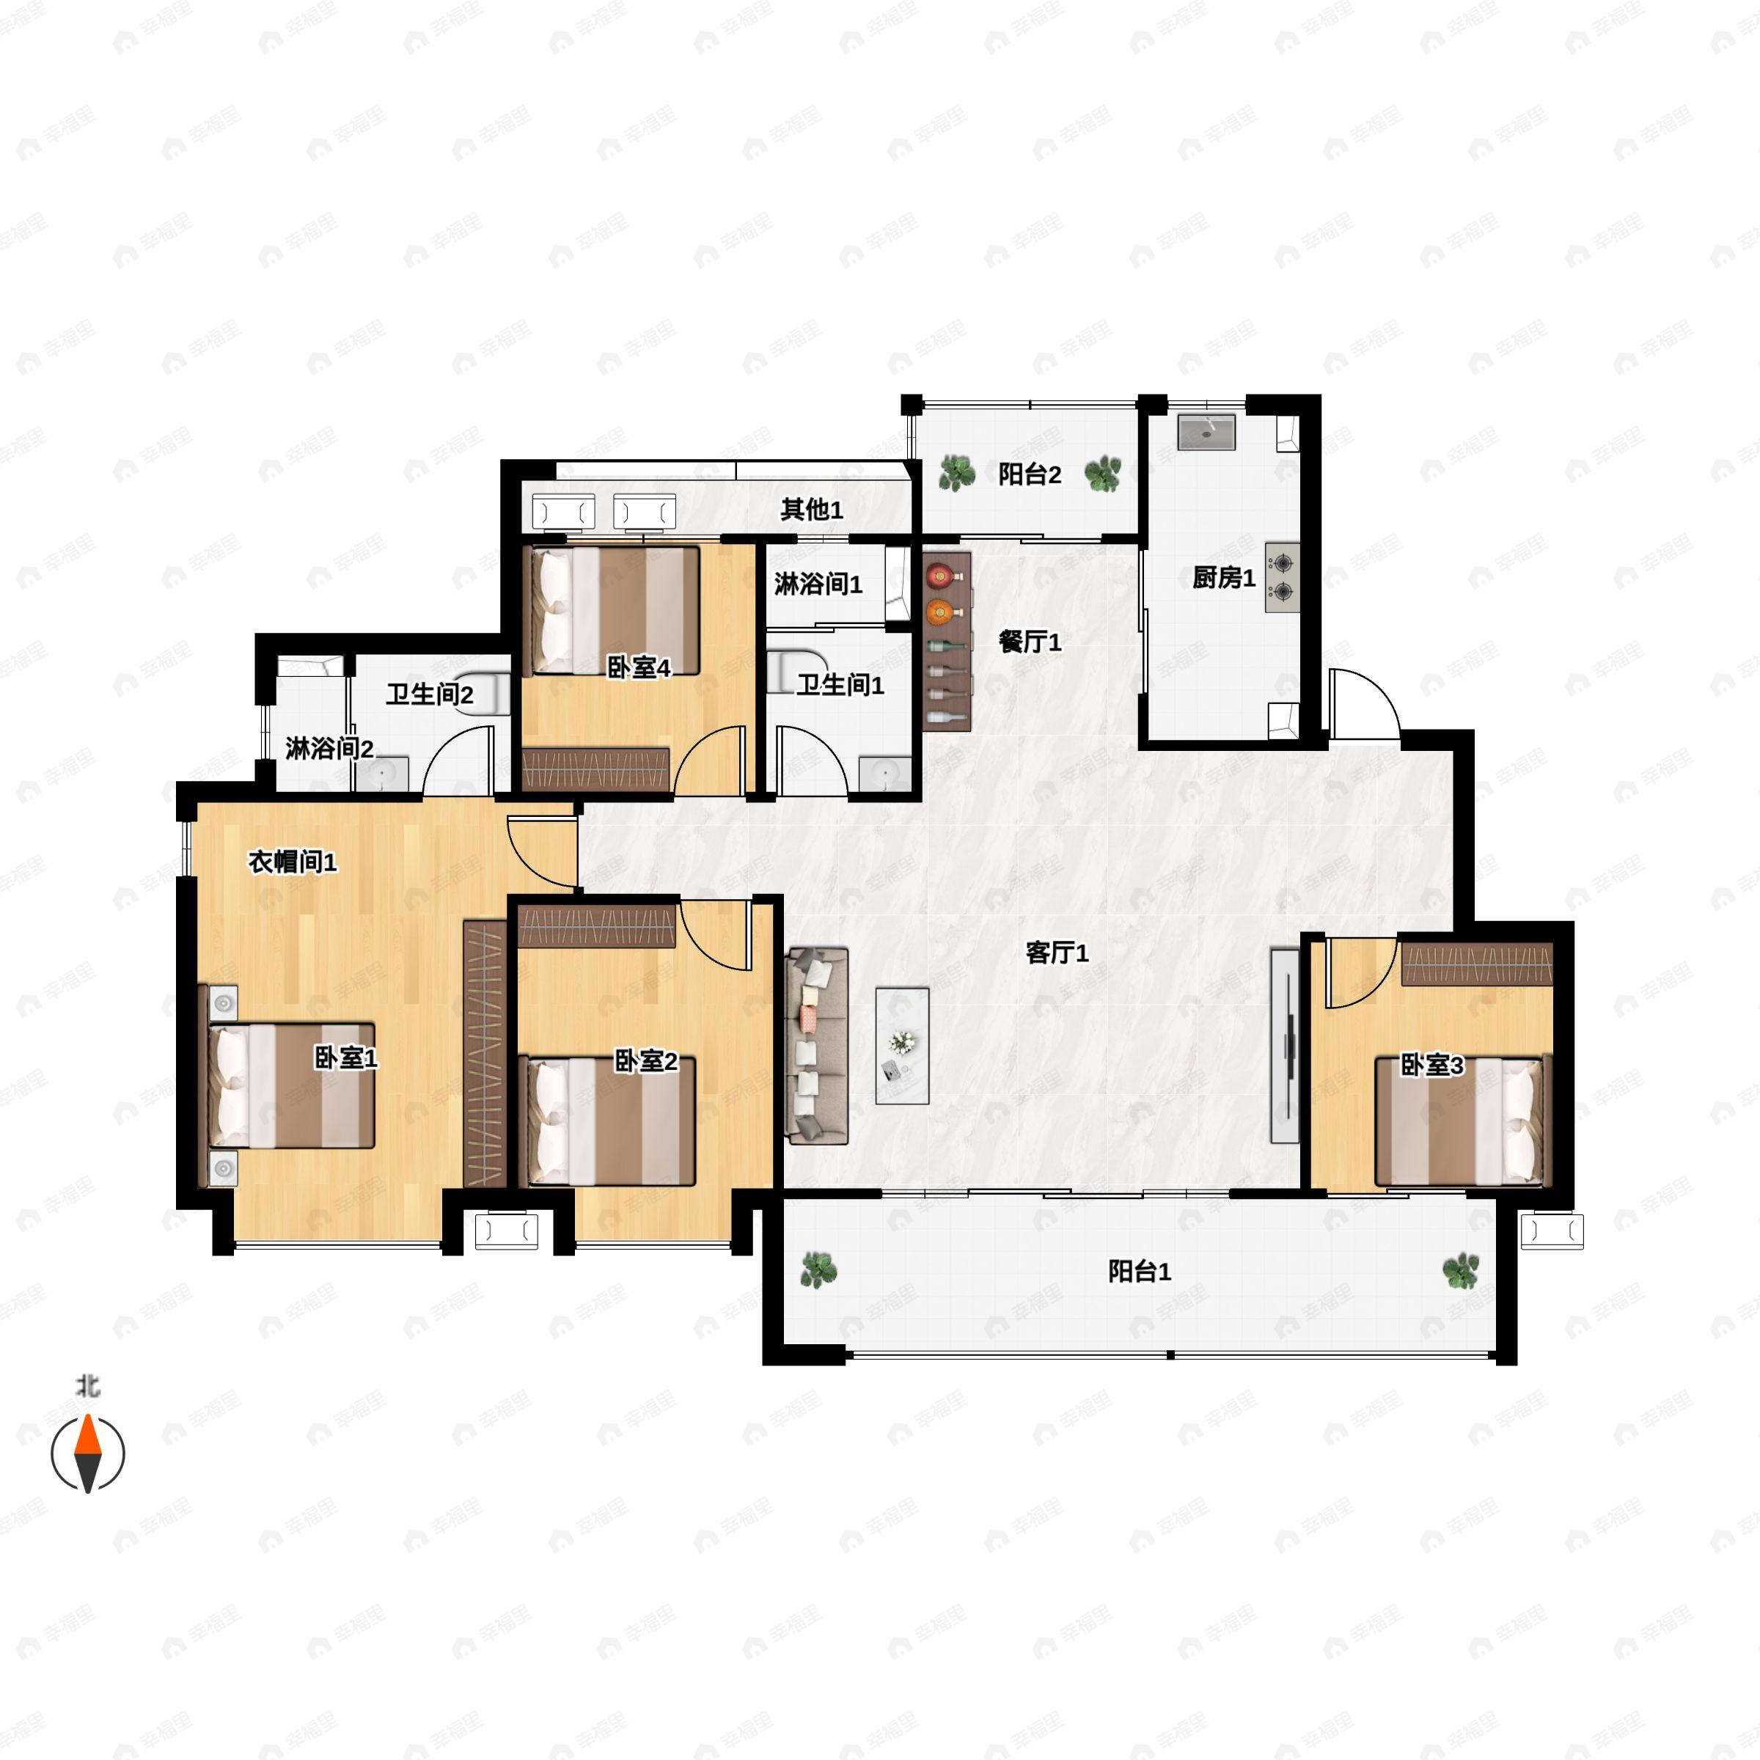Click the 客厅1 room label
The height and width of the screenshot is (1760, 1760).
click(x=1057, y=953)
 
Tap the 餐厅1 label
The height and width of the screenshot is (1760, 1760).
click(x=1030, y=642)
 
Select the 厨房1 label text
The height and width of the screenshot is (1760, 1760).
click(x=1223, y=578)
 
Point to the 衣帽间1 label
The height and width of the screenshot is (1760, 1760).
click(x=293, y=861)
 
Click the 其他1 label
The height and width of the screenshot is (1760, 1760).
click(x=811, y=509)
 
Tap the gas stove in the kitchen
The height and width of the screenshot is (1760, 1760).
click(x=1282, y=578)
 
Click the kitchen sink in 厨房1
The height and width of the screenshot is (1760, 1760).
click(x=1206, y=432)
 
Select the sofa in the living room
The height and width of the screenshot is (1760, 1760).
click(x=817, y=1045)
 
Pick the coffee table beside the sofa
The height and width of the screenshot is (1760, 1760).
click(x=902, y=1045)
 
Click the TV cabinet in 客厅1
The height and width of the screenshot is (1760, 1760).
click(x=1285, y=1045)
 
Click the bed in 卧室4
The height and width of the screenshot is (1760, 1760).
click(x=616, y=609)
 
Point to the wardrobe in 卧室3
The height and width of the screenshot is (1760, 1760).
click(x=1475, y=964)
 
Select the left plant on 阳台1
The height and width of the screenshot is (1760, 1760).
click(x=818, y=1269)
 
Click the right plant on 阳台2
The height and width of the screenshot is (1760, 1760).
click(x=1103, y=474)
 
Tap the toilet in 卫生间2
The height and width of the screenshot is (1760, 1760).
click(x=489, y=695)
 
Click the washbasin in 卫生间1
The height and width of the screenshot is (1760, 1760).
click(x=884, y=774)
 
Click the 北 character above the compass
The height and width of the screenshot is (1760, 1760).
click(x=88, y=1387)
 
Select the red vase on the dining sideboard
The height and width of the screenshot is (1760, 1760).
click(x=939, y=576)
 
